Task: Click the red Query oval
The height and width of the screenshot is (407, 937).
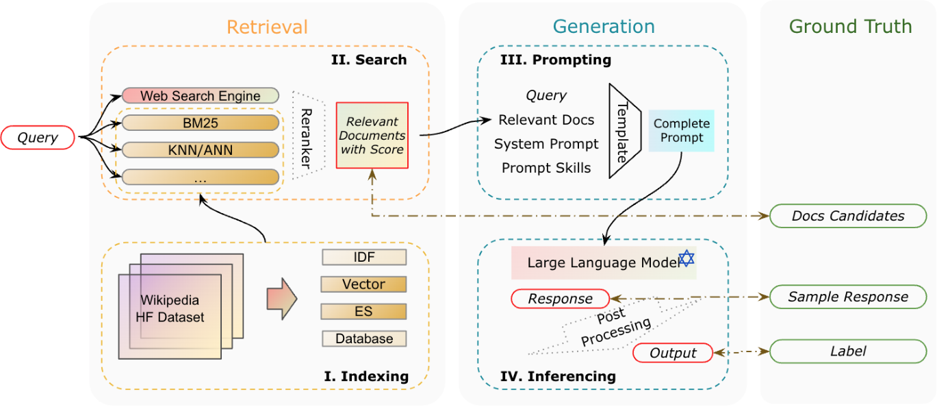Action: point(38,137)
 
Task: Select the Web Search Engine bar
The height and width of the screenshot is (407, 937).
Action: point(201,96)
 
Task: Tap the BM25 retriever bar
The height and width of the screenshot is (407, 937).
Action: point(201,123)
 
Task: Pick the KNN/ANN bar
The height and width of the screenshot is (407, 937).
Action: point(201,150)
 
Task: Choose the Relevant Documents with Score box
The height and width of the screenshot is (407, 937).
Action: point(372,135)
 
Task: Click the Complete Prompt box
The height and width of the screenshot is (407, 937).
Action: point(681,130)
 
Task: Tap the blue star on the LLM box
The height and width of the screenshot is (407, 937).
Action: point(686,258)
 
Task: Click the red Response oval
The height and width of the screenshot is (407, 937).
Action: point(560,299)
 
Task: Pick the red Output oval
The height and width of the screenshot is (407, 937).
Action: point(672,353)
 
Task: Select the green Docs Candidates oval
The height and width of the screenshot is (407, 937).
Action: point(848,216)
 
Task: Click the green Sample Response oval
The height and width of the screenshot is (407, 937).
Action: point(848,297)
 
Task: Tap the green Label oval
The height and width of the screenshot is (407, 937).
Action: point(848,351)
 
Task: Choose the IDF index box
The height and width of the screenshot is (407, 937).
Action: point(363,258)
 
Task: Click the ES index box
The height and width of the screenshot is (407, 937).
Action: point(363,312)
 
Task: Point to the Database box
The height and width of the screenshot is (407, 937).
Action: point(363,338)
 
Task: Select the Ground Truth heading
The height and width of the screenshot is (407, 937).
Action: point(850,27)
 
